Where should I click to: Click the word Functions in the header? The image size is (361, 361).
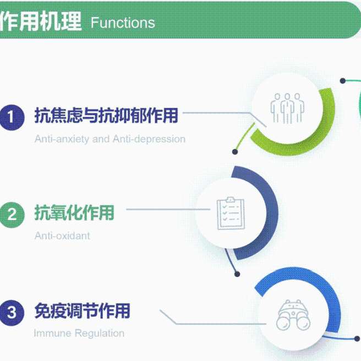coord(123,23)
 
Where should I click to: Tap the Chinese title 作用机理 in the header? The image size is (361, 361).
coord(41,21)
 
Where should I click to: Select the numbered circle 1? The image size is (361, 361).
coord(12,117)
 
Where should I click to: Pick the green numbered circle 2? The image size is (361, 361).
coord(12,215)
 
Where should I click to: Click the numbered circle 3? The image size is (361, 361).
coord(12,313)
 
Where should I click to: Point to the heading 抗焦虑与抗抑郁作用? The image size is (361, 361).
coord(106,116)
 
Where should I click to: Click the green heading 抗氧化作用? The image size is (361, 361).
coord(74,213)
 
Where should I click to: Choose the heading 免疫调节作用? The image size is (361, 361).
coord(83,310)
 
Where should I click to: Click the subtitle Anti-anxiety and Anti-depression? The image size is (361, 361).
coord(110,139)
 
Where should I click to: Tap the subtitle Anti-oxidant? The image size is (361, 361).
coord(62,236)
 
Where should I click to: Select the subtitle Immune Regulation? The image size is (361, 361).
coord(79,333)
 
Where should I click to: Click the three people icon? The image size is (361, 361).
coord(287,108)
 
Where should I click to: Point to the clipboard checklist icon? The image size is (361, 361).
coord(231,213)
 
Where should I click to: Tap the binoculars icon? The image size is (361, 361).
coord(293,315)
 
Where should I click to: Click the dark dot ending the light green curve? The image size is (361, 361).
coord(235,152)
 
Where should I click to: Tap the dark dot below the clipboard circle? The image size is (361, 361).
coord(237,274)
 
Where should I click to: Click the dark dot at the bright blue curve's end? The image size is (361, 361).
coord(357,338)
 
